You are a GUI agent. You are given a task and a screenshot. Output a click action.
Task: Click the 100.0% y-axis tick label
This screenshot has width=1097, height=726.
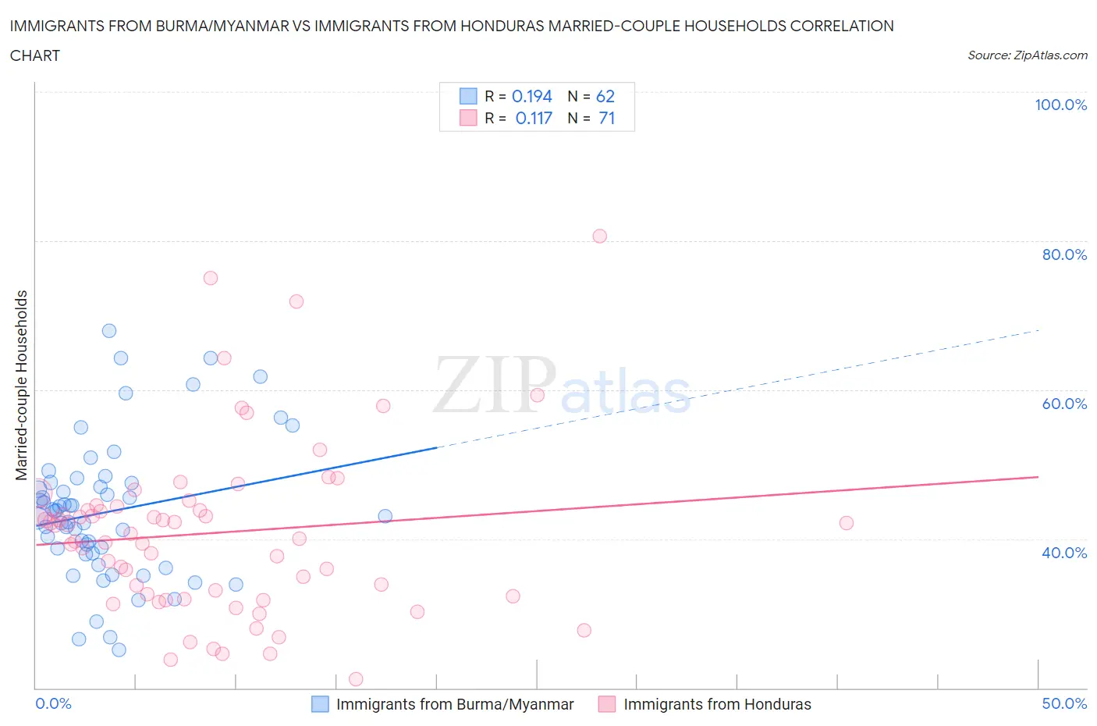(x=1060, y=105)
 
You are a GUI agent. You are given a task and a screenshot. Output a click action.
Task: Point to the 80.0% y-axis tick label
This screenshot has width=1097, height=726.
(x=1064, y=254)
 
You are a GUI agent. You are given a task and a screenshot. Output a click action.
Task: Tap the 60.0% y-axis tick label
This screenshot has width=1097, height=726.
(x=1064, y=404)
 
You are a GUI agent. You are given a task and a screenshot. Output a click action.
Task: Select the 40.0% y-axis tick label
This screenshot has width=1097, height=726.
(x=1064, y=553)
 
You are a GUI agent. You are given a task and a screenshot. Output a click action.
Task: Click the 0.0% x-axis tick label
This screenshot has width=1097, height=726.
(x=53, y=703)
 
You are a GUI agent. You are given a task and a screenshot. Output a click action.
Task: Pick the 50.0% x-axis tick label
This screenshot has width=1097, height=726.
(x=1064, y=703)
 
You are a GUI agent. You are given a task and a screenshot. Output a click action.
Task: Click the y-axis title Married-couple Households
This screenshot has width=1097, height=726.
(x=22, y=385)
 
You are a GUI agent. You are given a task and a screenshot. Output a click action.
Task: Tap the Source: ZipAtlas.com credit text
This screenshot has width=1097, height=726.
(x=1027, y=55)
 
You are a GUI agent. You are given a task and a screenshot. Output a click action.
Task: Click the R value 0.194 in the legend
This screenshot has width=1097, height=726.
(x=531, y=96)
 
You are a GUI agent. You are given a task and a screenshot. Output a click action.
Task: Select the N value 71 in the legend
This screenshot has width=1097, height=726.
(x=606, y=118)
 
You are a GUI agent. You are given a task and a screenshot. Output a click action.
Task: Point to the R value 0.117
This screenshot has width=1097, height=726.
(x=534, y=118)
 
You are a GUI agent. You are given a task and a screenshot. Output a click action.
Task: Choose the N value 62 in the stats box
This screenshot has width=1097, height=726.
(x=605, y=96)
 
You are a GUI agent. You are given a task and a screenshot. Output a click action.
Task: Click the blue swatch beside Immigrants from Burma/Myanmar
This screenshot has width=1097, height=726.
(x=320, y=704)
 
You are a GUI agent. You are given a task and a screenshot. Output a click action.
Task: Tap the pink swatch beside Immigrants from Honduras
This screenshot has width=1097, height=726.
(x=607, y=704)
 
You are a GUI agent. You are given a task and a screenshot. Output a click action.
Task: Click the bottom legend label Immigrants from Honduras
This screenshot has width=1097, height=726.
(x=717, y=704)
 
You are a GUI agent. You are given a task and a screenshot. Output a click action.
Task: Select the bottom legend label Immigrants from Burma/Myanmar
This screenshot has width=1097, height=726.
(x=455, y=704)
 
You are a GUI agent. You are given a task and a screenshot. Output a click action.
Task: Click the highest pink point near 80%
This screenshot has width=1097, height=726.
(x=599, y=236)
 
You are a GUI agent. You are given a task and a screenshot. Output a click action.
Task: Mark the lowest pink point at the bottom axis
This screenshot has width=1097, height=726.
(x=356, y=679)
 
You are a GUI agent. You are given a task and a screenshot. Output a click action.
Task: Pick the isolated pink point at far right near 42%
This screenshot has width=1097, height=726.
(x=847, y=523)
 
